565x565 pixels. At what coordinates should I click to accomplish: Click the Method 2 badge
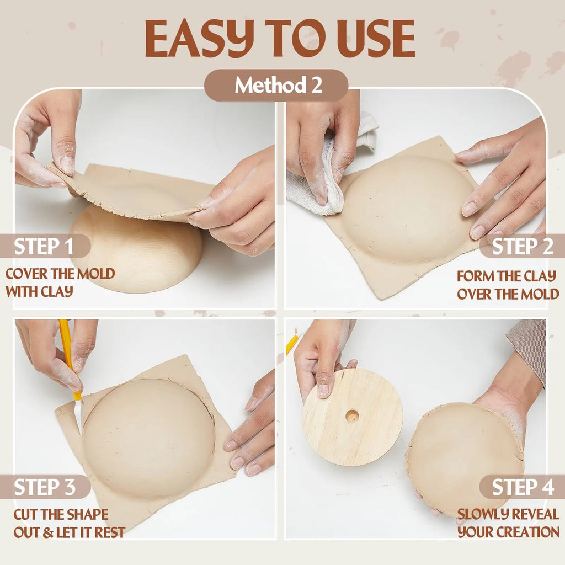coord(276,85)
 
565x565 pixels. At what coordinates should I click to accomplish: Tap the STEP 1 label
coord(45,246)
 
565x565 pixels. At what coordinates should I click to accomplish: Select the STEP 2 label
coord(523,247)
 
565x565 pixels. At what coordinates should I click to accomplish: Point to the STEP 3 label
coord(45,487)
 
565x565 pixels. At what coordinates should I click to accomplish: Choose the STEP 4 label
coord(523,487)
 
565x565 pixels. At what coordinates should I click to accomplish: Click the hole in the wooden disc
coord(352,416)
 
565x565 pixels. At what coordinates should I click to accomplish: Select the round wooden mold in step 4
coord(352,417)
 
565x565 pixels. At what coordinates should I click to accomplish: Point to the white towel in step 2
coord(324,173)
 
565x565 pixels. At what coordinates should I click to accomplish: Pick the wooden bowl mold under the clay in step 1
coord(136,249)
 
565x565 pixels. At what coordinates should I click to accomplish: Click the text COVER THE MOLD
coord(60,274)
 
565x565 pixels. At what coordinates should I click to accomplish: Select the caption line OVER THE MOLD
coord(508,294)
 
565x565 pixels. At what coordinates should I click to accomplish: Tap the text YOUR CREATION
coord(508,532)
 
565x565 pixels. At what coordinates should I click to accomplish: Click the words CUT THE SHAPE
coord(61,514)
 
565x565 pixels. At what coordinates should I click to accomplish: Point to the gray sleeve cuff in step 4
coord(528,349)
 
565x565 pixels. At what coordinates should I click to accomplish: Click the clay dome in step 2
coord(407,208)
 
